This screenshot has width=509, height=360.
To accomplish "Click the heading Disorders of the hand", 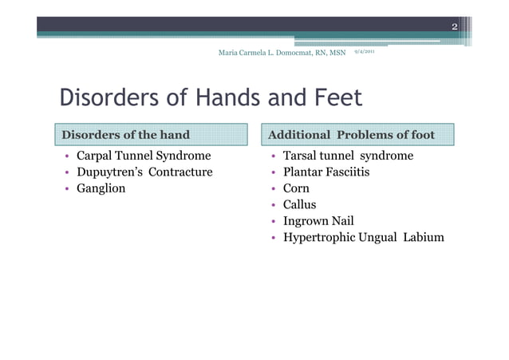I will (126, 134).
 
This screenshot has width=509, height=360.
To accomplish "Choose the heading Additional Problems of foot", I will (351, 134).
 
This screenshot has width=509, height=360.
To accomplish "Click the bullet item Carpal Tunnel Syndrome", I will (143, 156).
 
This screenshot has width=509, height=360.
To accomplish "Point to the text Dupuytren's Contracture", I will (144, 172).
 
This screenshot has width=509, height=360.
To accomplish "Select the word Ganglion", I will (101, 189).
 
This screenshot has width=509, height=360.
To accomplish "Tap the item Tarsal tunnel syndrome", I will (348, 156).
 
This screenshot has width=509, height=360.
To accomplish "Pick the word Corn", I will (297, 189).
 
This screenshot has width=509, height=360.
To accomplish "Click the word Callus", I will (300, 205).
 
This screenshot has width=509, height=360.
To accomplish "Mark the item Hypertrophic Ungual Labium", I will (364, 238).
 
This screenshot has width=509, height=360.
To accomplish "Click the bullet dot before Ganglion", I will (67, 189).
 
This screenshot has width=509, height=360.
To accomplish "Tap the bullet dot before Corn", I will (273, 189).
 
